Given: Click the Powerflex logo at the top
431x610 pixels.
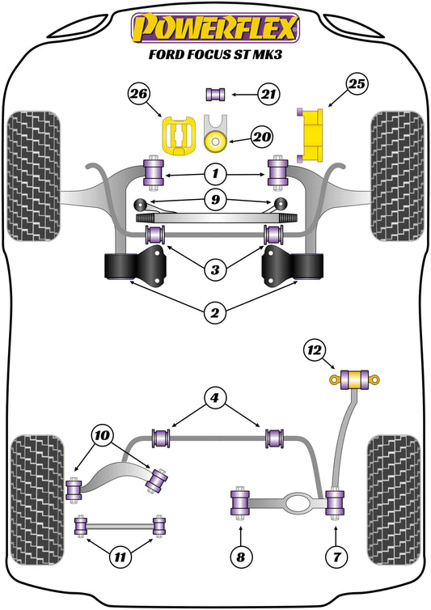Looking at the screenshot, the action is (215, 28).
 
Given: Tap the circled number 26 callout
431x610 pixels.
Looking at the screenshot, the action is (139, 94).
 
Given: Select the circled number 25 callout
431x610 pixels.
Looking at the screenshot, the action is (357, 84).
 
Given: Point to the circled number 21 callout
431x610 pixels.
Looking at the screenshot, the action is (268, 94).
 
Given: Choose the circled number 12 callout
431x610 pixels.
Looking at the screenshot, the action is (315, 350).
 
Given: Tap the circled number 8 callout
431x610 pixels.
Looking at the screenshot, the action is (241, 557).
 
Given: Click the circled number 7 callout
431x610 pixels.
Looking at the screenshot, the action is (336, 557).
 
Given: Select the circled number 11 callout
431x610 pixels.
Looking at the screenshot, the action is (120, 557).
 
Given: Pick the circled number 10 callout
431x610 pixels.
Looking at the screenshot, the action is (102, 435).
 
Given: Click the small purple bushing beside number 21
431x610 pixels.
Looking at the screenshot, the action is (215, 95).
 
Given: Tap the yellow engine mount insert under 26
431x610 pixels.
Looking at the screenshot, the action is (178, 135).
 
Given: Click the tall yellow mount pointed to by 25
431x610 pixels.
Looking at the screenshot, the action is (311, 135).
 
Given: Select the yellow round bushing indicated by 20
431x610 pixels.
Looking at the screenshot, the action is (215, 142).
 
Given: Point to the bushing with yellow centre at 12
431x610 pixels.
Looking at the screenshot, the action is (354, 379).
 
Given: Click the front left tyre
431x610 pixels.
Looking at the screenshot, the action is (34, 176).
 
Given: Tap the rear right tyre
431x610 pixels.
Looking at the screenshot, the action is (395, 500).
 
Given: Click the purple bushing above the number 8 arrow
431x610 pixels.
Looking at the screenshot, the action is (240, 502).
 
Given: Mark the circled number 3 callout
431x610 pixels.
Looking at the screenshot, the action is (215, 269).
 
